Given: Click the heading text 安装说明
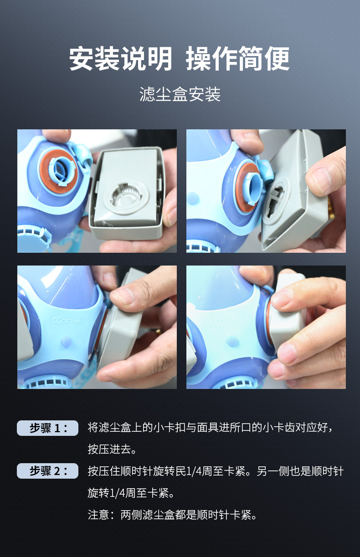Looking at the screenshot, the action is point(121,58).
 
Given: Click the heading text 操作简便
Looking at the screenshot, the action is point(238,58).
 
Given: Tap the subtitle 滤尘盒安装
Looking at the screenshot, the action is point(180,94).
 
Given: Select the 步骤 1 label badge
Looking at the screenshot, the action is point(47,428).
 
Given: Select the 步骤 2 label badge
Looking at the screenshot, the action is point(47,471).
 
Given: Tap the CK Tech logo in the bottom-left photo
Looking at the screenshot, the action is point(68,321).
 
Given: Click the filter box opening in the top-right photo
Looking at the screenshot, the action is point(276,201).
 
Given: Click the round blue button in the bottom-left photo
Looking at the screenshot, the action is point(67,342).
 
